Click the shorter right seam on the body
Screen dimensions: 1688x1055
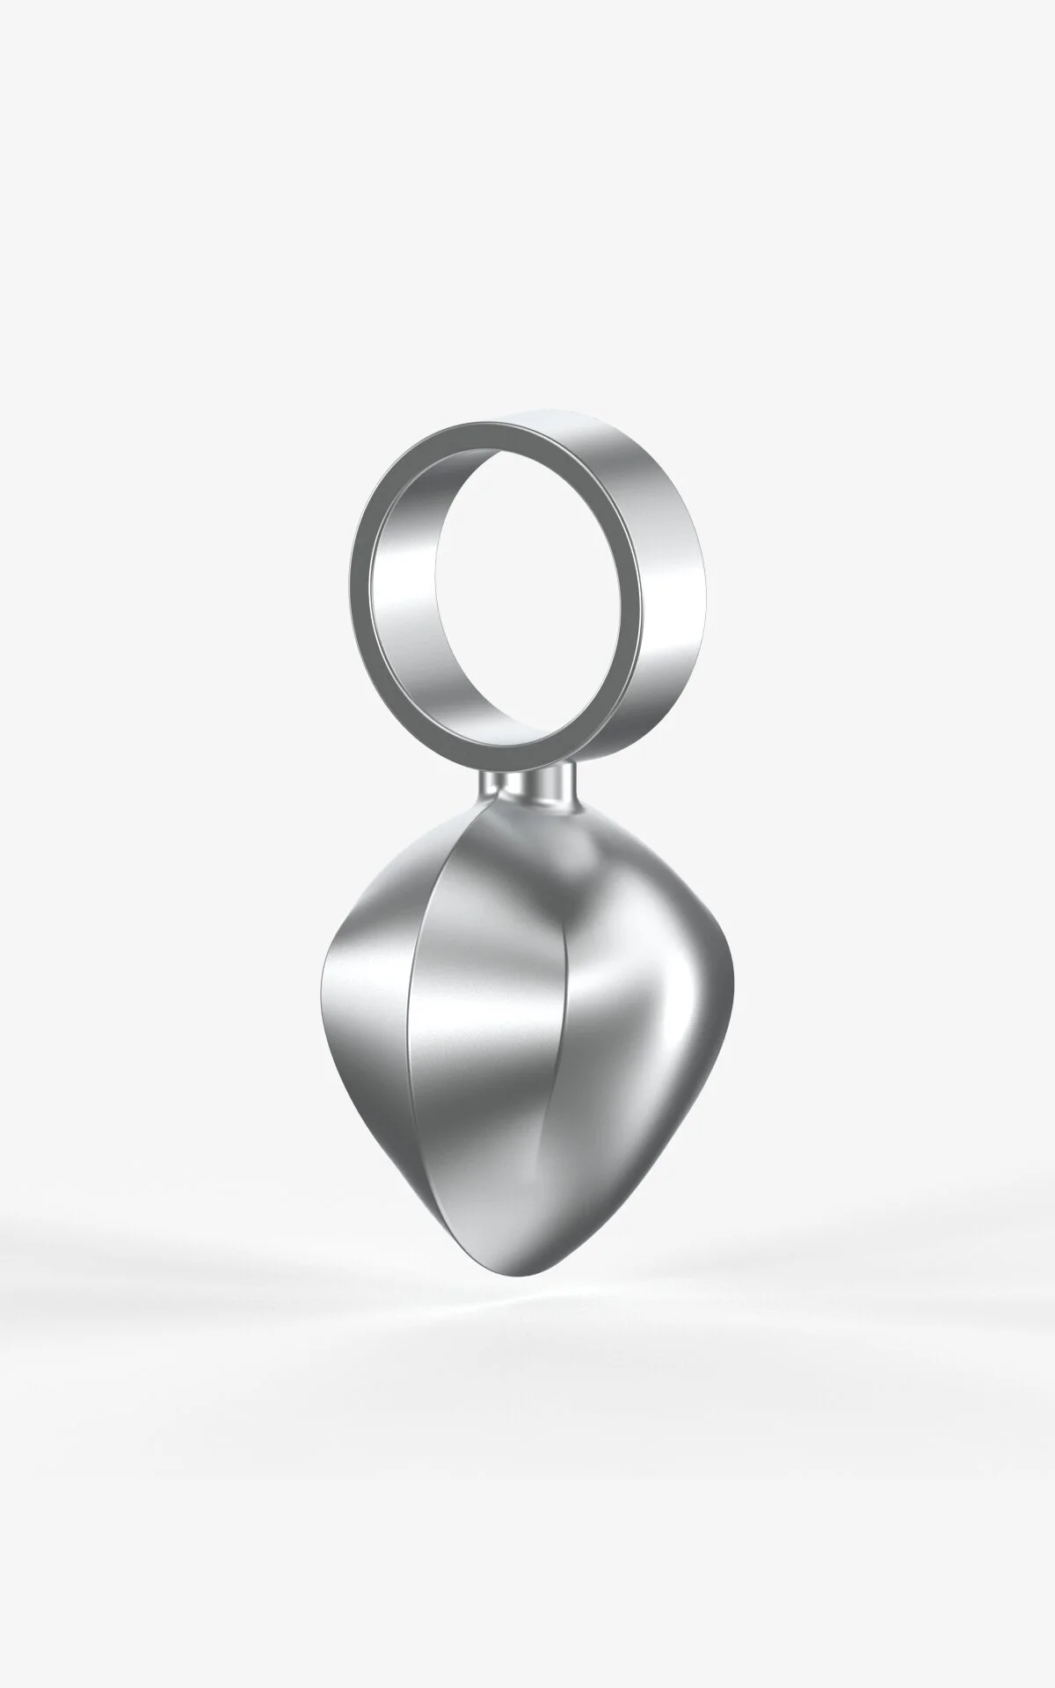[563, 1055]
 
